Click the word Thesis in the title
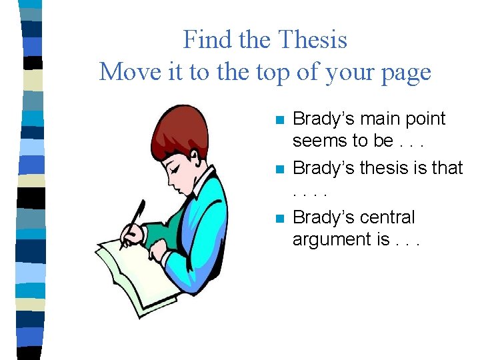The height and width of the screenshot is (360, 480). point(312,40)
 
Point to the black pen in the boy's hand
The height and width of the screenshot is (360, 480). point(134,220)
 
